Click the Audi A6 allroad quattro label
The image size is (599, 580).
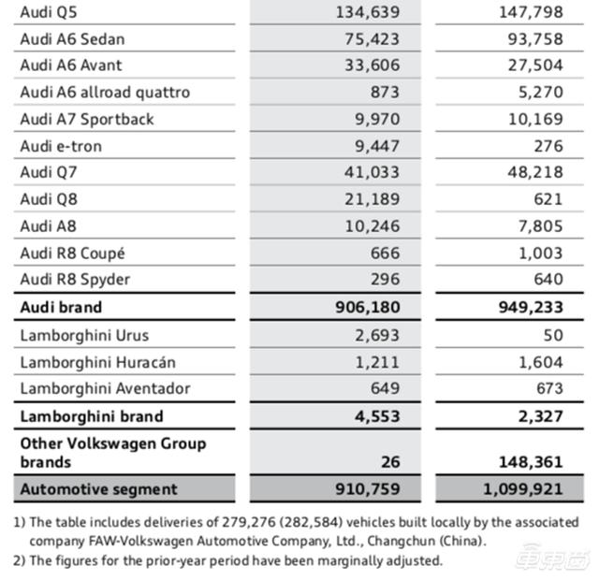pos(105,93)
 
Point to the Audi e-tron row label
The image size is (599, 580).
pos(61,146)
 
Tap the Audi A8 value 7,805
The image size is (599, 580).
pos(542,225)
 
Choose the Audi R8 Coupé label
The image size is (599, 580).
pos(72,253)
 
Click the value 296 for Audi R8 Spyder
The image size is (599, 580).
pos(385,280)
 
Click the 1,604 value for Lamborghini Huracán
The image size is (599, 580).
pos(542,362)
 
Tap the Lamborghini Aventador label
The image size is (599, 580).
pos(105,388)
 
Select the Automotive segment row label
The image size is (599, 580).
pos(98,488)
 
